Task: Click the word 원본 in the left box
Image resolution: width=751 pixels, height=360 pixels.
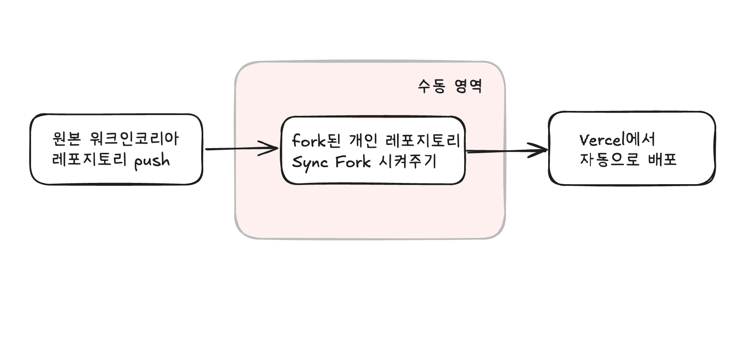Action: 66,139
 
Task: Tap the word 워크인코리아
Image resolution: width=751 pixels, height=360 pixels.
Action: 134,139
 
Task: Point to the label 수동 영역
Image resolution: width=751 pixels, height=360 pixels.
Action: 450,86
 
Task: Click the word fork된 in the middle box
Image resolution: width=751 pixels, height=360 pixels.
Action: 316,141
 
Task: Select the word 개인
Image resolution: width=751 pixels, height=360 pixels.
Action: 363,141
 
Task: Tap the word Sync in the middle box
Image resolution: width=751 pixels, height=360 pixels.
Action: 310,162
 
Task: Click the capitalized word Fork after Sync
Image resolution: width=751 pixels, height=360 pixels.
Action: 353,162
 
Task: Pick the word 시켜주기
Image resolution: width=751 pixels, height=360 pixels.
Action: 408,161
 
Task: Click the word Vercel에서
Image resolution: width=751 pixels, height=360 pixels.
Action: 617,140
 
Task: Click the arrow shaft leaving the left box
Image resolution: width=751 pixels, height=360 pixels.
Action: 232,149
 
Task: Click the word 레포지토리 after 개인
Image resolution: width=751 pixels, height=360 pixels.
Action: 422,141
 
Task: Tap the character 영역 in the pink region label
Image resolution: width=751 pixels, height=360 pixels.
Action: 468,86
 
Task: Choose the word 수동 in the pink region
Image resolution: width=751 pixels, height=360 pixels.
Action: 431,86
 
